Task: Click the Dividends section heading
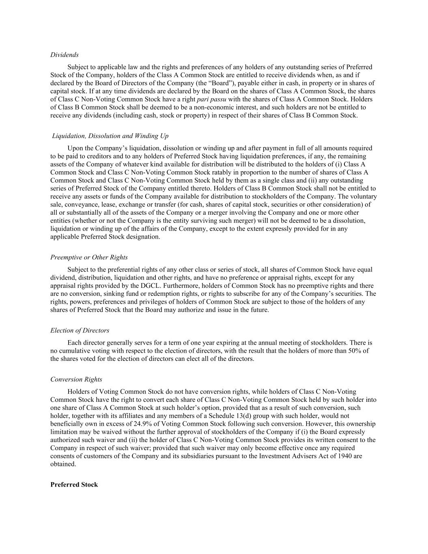(65, 55)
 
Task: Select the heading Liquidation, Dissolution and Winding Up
(110, 136)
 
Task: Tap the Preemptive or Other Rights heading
(89, 257)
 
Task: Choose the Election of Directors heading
(80, 330)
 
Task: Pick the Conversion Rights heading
(76, 379)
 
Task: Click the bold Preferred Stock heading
(74, 485)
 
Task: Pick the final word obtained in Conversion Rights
(63, 464)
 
